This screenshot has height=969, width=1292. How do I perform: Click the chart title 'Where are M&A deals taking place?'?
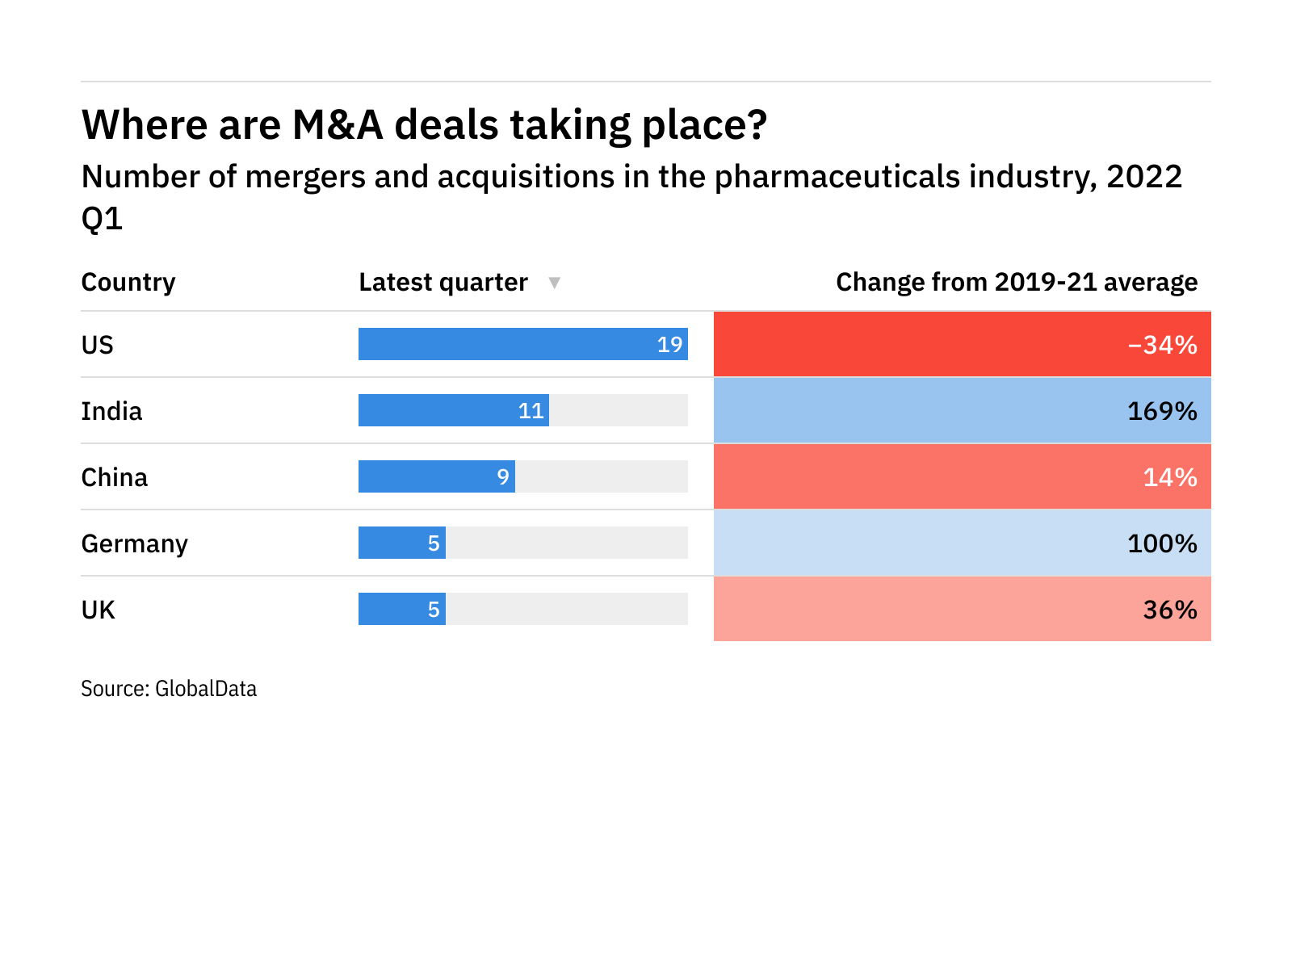tap(424, 125)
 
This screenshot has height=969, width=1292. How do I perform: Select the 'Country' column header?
tap(128, 283)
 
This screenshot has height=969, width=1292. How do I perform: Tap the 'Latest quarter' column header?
tap(443, 283)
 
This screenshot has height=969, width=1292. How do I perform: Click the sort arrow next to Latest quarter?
tap(554, 283)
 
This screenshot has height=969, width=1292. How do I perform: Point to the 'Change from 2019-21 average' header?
tap(1016, 283)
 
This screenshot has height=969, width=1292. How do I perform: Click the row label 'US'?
tap(98, 345)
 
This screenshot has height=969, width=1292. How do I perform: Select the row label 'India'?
tap(111, 411)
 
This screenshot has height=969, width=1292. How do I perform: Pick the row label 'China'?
tap(115, 477)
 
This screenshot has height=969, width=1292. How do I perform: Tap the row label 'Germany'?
tap(135, 543)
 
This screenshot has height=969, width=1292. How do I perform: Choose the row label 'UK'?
tap(99, 610)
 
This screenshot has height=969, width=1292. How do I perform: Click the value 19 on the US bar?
tap(669, 345)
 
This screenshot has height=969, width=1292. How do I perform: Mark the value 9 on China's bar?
tap(503, 477)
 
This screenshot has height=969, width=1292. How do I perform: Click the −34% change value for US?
tap(1162, 345)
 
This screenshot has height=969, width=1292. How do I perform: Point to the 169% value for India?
tap(1162, 411)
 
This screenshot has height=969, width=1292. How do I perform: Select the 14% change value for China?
tap(1170, 477)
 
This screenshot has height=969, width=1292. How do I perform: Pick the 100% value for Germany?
tap(1162, 543)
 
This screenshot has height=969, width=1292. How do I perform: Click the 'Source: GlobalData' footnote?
tap(169, 689)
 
